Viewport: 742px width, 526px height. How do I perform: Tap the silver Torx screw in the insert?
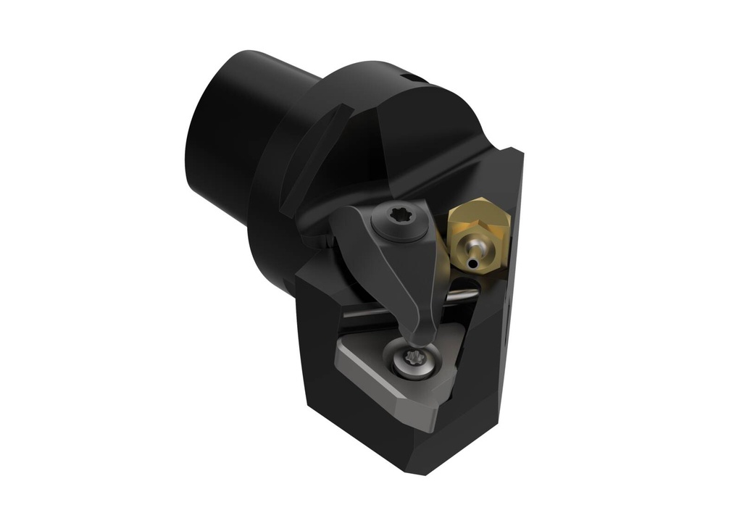pos(415,358)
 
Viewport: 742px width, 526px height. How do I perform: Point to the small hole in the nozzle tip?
pos(472,264)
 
